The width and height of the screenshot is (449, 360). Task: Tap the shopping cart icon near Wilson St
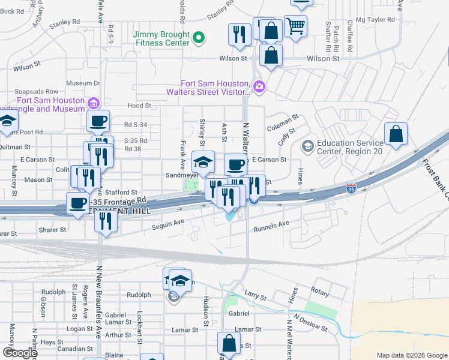tap(295, 26)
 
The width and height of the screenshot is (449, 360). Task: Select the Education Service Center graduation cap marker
tap(308, 146)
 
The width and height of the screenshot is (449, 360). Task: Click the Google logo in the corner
tap(20, 352)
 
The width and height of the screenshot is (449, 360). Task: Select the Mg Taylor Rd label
tap(375, 20)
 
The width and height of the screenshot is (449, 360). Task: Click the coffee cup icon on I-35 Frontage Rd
tap(77, 203)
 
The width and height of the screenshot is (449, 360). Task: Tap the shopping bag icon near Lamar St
tap(229, 344)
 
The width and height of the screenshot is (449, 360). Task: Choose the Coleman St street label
tap(283, 127)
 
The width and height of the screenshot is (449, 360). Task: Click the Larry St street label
tap(255, 296)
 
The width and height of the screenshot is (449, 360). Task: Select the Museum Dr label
tap(83, 83)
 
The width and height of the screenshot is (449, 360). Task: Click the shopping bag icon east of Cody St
tap(396, 134)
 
